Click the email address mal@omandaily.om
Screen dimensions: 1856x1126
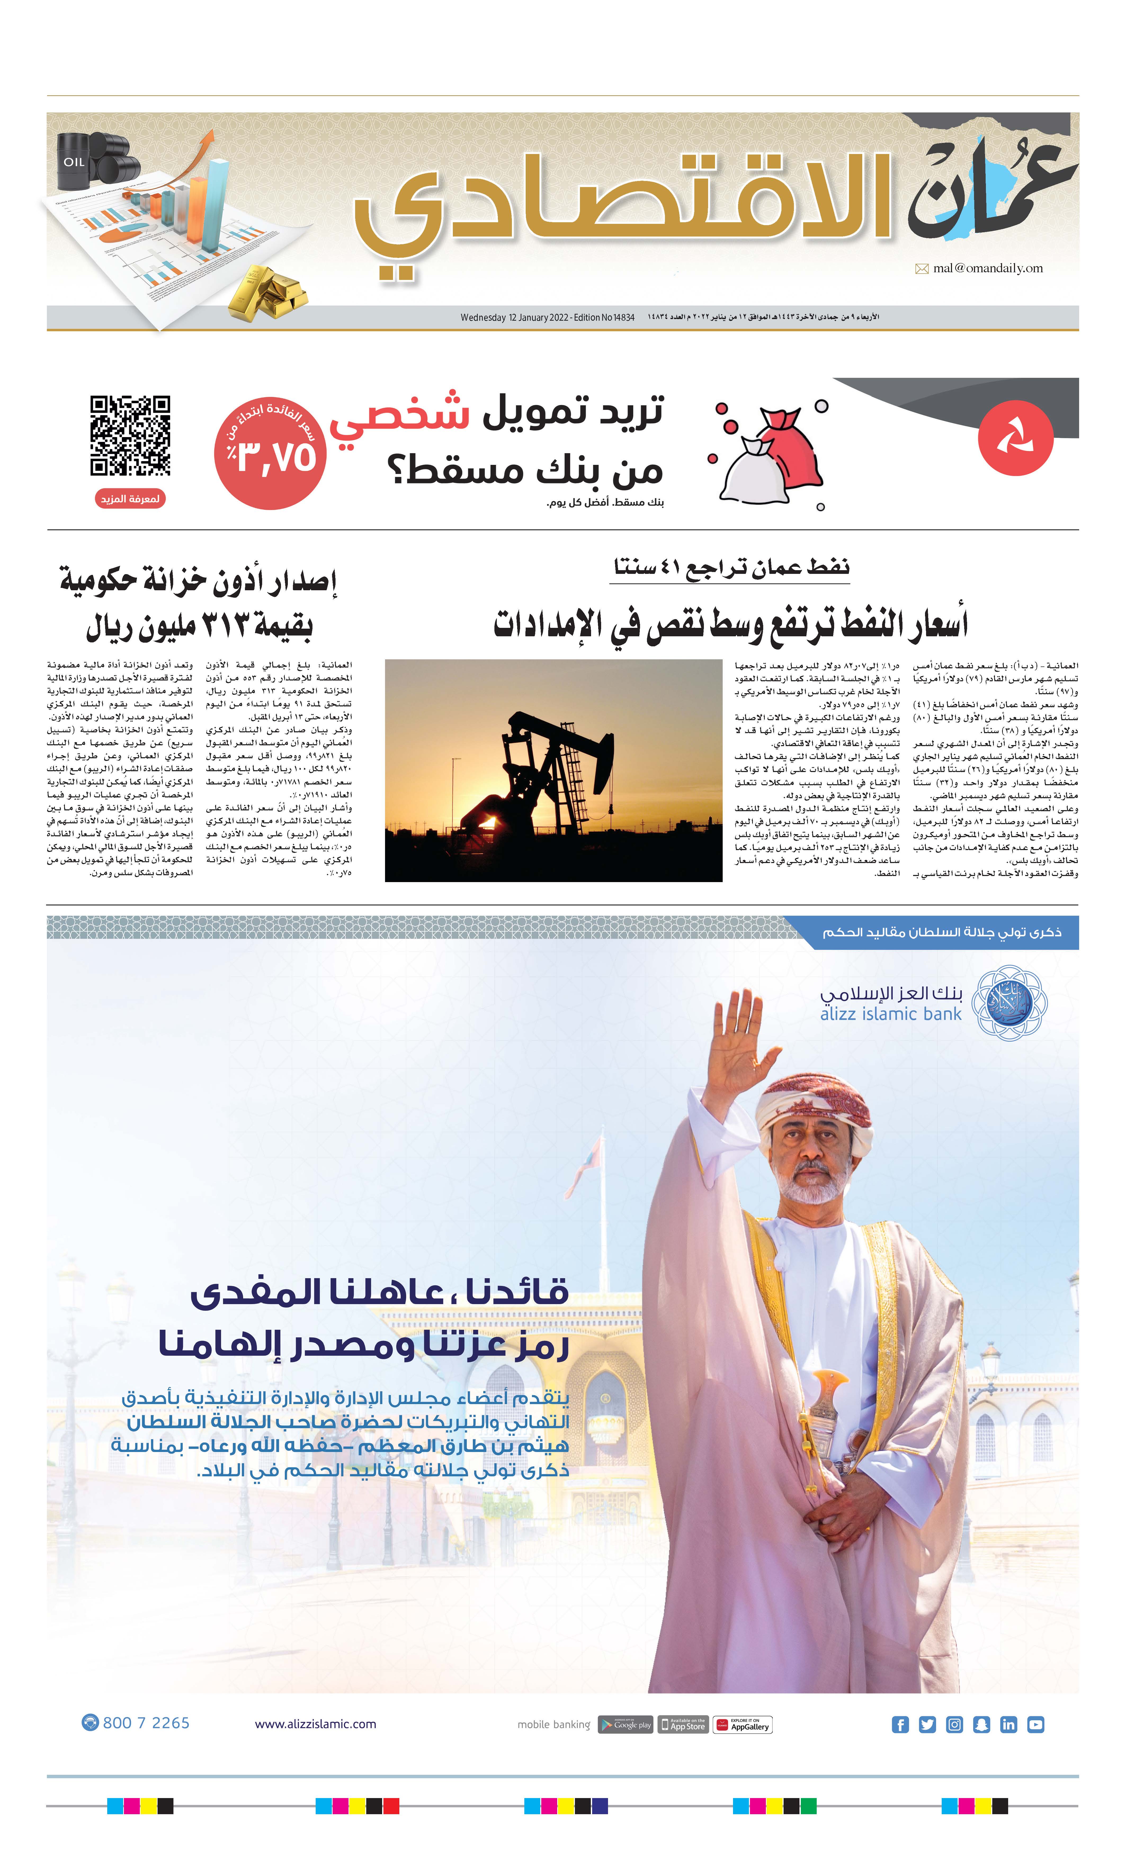point(987,268)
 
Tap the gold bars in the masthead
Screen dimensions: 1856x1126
point(267,290)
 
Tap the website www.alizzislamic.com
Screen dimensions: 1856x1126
point(315,1724)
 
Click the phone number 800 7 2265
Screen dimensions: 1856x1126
point(145,1723)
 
